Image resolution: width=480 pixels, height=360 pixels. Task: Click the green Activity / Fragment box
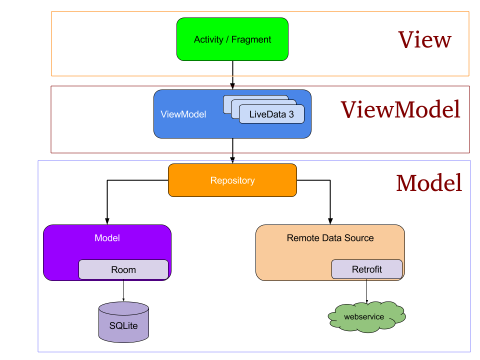coord(232,39)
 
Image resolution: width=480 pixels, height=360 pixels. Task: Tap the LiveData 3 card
coord(271,114)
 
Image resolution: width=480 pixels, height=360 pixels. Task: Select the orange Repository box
coord(232,180)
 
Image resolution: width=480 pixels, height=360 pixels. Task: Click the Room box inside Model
coord(123,269)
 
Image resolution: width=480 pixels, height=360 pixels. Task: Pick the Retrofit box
coord(366,269)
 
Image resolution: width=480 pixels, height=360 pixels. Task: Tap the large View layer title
coord(424,39)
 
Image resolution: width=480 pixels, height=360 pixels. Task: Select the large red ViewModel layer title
coord(400,109)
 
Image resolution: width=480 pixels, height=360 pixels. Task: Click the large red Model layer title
coord(428,183)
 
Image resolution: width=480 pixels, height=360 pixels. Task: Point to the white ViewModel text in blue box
coord(183,114)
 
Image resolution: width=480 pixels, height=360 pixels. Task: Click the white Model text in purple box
coord(107,238)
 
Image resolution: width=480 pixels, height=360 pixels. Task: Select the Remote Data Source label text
coord(330,238)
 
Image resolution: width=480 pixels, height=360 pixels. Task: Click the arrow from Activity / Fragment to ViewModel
coord(232,75)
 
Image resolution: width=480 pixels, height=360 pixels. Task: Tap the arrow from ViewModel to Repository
coord(232,150)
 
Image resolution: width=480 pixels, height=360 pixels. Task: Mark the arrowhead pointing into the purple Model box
coord(106,221)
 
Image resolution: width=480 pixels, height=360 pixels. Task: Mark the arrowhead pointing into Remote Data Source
coord(330,221)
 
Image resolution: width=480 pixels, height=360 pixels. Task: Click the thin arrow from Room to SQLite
coord(123,290)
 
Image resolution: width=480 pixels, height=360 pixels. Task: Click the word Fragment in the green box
coord(251,39)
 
